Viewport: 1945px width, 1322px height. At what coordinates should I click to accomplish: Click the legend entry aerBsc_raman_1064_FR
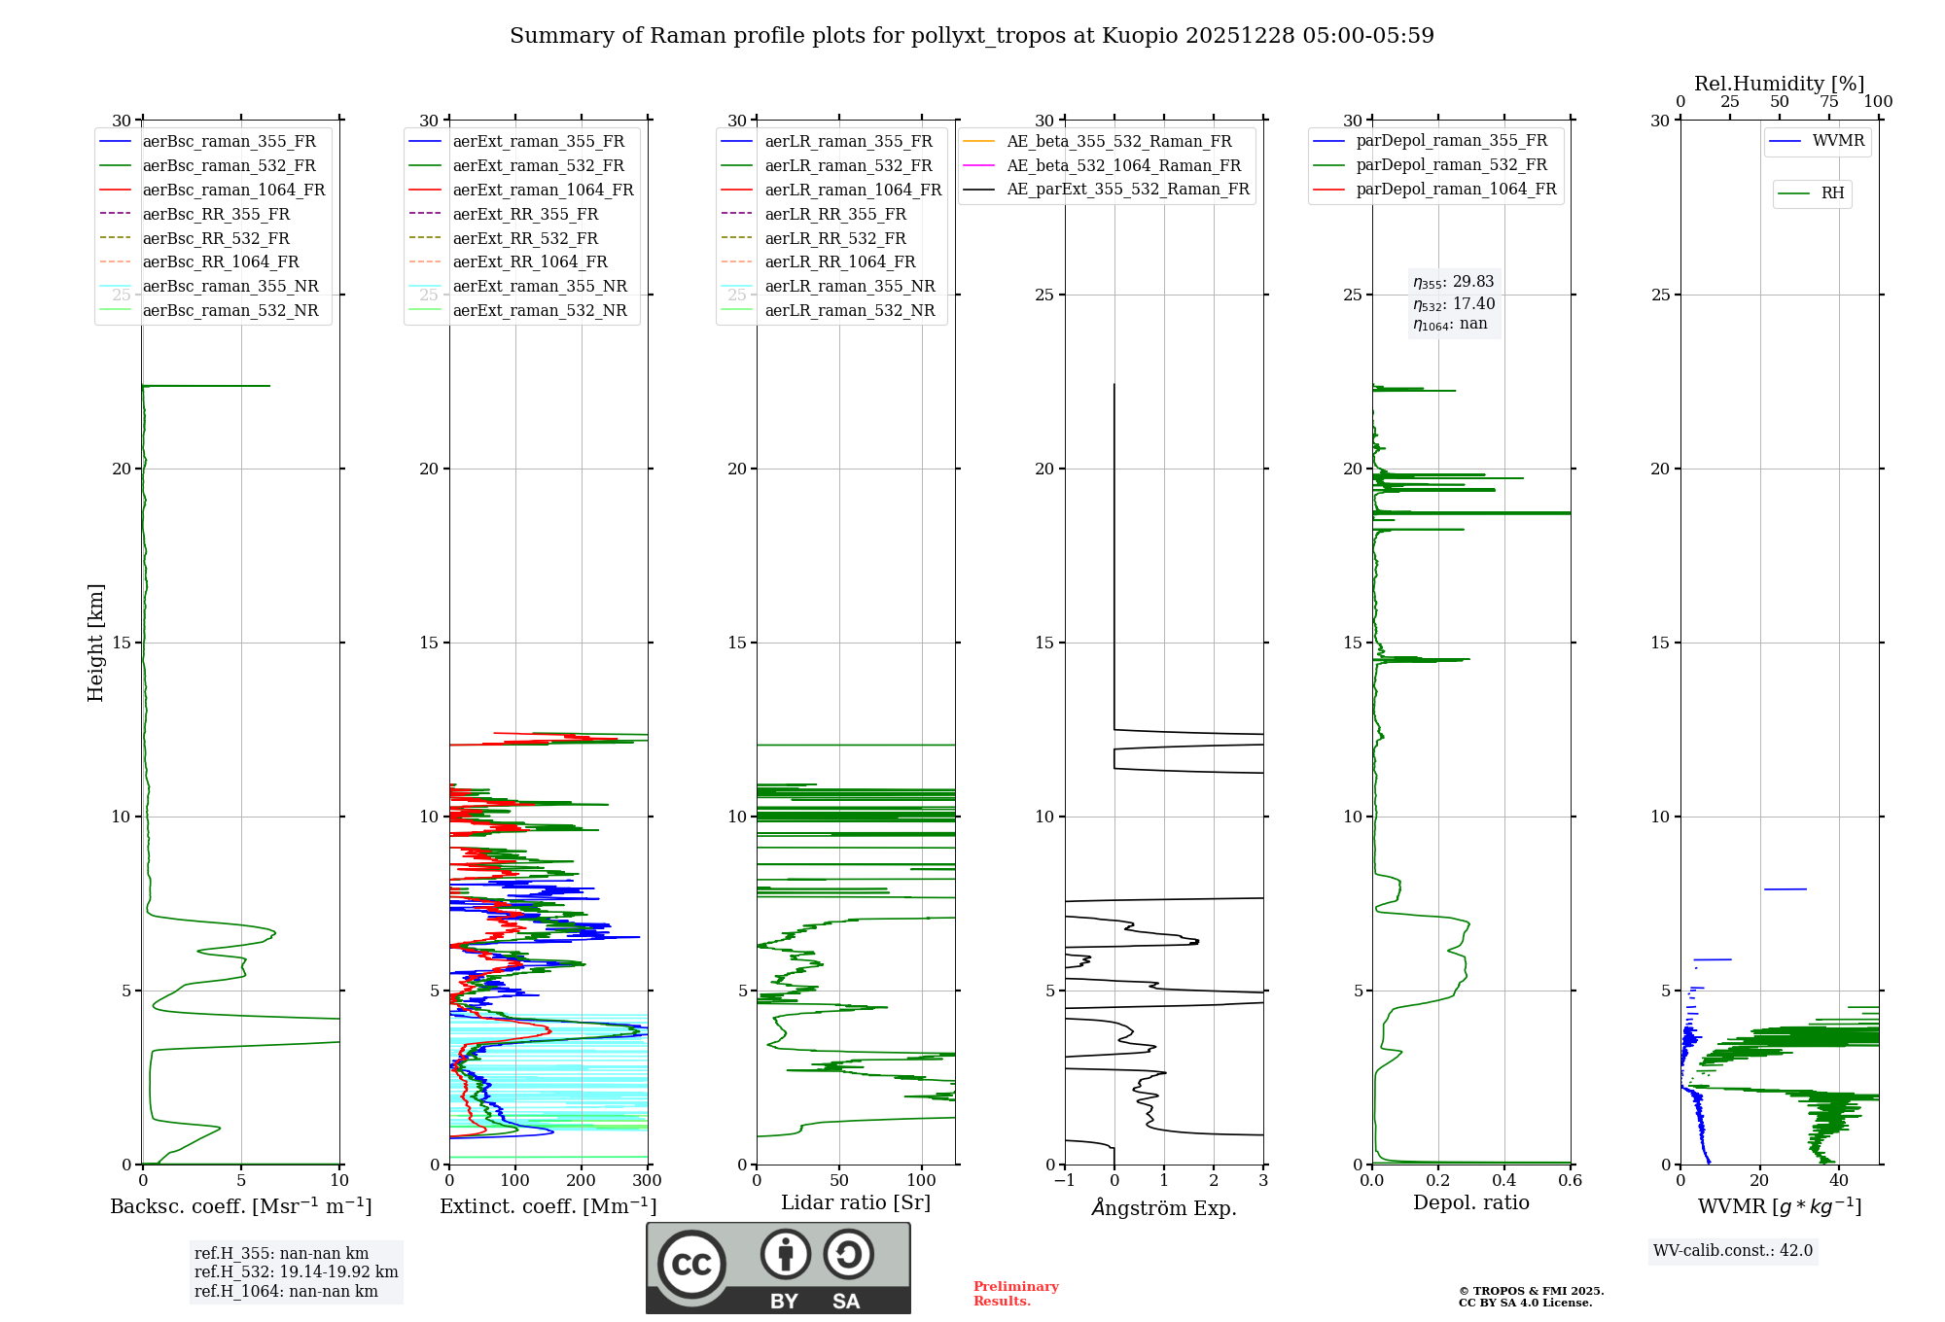point(233,191)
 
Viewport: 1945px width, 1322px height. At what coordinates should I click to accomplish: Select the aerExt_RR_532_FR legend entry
point(525,238)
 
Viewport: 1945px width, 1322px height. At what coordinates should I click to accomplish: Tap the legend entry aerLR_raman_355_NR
point(849,287)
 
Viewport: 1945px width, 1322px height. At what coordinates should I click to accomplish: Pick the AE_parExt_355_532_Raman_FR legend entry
point(1127,190)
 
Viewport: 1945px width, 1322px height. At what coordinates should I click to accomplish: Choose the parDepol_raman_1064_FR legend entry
point(1456,190)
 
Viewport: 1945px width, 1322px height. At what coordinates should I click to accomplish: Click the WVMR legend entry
point(1838,141)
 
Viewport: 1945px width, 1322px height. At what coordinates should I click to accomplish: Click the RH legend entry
point(1832,193)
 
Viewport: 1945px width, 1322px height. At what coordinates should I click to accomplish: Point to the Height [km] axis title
point(95,643)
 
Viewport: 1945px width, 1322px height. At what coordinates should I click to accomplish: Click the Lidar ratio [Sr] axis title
point(856,1202)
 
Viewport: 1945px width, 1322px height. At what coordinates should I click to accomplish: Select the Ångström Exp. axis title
point(1164,1207)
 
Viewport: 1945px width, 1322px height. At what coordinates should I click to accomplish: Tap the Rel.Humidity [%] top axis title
point(1779,84)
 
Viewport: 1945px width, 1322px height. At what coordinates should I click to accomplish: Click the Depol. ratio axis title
point(1470,1202)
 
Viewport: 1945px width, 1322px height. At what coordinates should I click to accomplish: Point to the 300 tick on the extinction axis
point(647,1181)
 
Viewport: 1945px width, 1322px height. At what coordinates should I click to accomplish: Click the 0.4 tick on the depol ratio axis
point(1503,1181)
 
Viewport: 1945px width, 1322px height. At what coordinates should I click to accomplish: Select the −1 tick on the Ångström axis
point(1064,1181)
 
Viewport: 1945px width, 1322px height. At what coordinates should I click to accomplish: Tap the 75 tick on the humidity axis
point(1828,102)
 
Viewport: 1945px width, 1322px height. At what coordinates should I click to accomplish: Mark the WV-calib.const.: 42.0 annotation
point(1733,1251)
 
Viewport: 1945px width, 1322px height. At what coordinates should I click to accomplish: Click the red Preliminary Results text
point(1015,1294)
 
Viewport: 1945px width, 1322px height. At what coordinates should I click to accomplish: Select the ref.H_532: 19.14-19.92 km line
point(296,1272)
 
